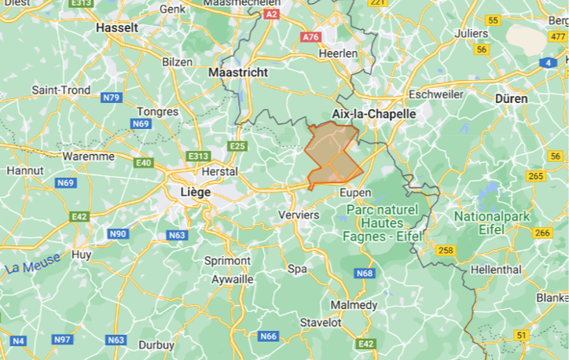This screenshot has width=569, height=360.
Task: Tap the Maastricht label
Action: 239,72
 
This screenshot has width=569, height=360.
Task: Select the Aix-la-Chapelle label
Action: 373,113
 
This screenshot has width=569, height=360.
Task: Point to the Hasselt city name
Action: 116,28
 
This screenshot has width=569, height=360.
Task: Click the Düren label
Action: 511,99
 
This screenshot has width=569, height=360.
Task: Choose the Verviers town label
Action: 299,215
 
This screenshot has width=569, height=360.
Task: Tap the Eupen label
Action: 354,193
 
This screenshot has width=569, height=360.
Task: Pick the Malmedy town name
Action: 354,305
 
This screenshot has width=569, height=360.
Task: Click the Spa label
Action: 297,269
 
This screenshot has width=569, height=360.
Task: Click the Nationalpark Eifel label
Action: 492,222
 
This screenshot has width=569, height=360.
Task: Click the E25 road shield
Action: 238,146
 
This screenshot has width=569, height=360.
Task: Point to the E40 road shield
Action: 144,163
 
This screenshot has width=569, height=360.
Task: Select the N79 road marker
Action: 112,98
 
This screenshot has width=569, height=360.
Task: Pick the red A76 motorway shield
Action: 311,37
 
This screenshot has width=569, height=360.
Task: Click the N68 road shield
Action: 365,273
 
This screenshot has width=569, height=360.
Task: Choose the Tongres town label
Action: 157,112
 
